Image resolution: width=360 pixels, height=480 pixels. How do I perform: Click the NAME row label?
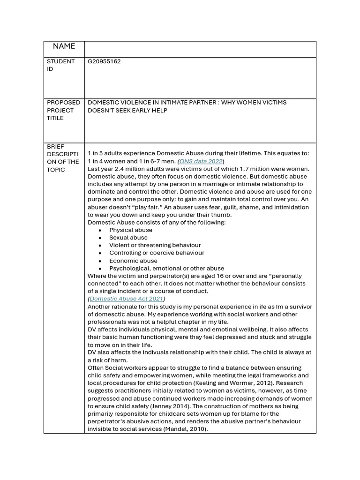point(64,46)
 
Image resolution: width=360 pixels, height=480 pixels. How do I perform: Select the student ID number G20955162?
point(104,61)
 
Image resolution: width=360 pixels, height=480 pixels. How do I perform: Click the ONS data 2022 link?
point(201,161)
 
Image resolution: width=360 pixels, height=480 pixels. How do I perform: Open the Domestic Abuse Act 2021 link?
point(126,299)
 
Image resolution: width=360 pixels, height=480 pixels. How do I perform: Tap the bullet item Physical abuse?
point(130,230)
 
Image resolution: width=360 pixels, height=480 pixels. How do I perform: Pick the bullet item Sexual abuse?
point(128,237)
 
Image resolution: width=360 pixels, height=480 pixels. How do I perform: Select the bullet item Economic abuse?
point(133,261)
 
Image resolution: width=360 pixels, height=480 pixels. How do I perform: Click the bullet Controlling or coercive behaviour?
point(157,253)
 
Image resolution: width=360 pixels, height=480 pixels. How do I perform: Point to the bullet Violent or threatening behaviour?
point(155,245)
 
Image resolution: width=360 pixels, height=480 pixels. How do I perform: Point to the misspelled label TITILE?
point(55,118)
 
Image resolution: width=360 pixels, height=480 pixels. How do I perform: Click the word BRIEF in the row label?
point(55,146)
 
